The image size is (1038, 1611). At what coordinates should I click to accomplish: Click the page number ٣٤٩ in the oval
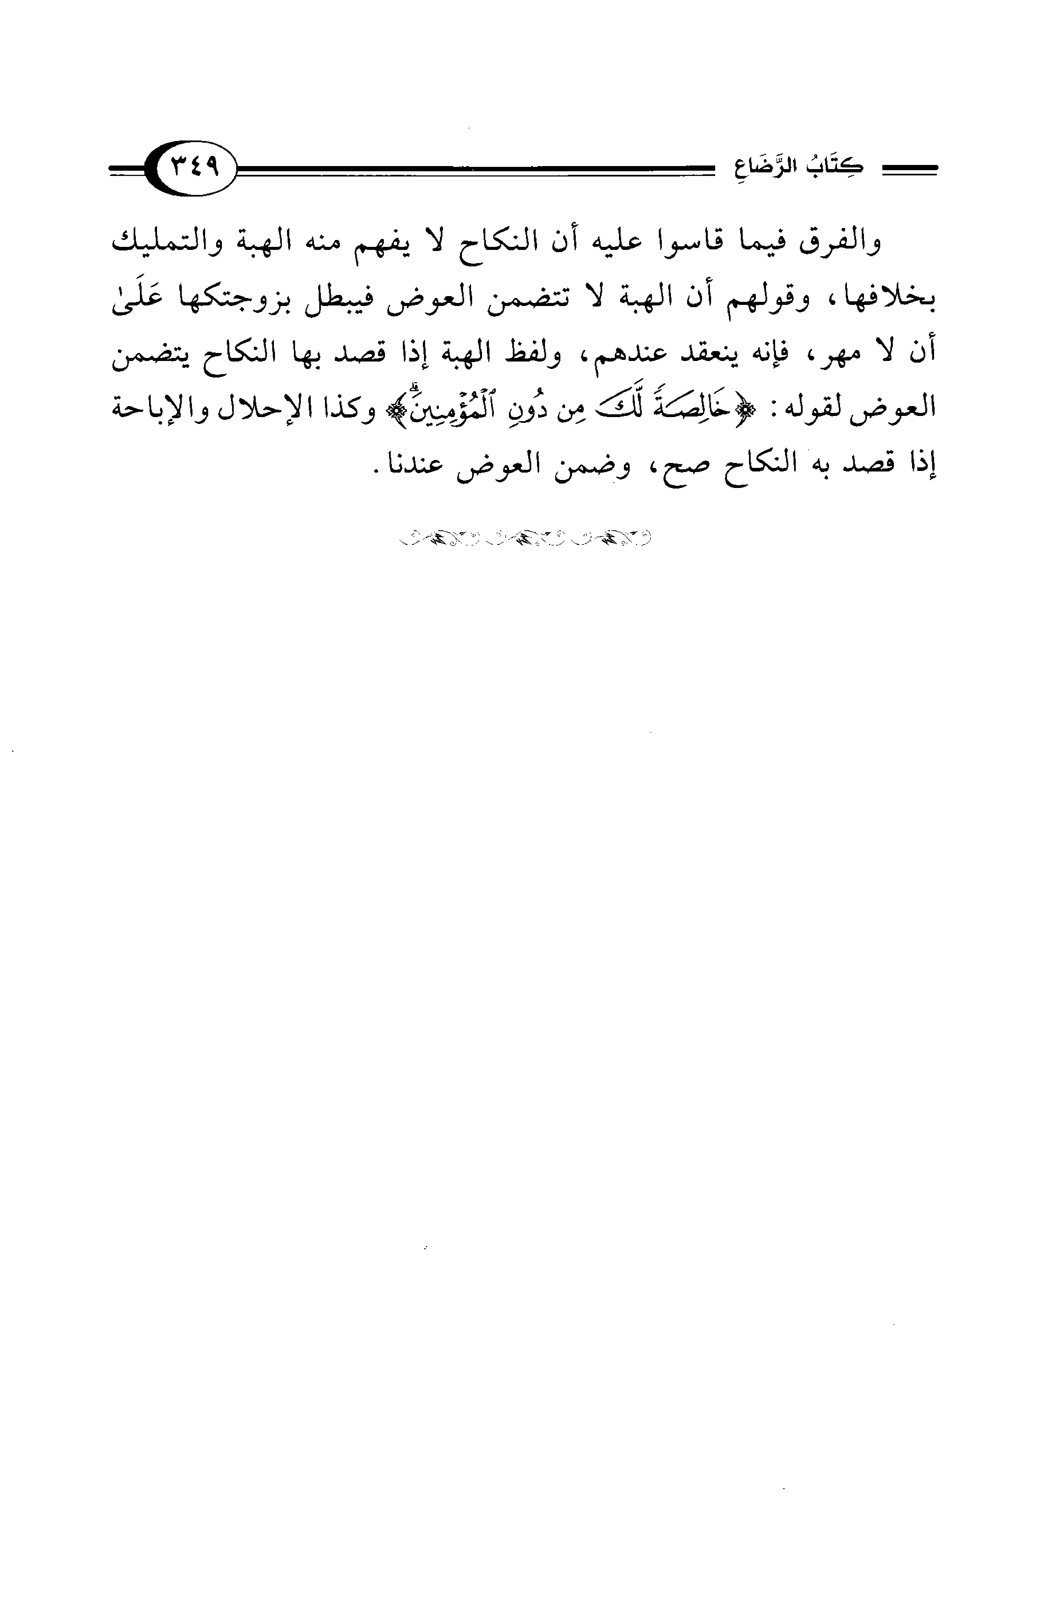click(196, 166)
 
